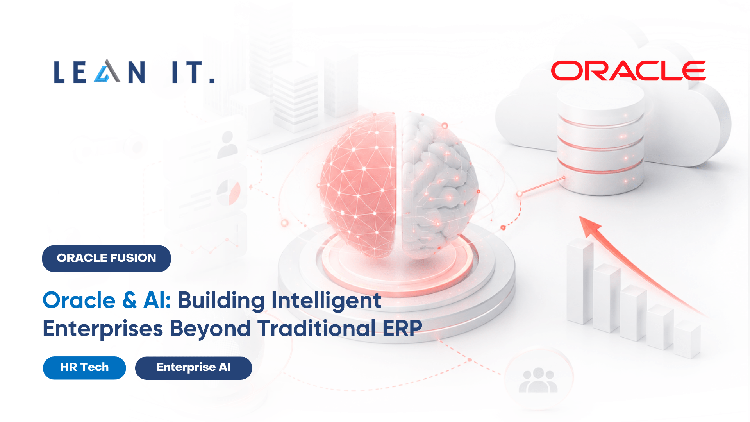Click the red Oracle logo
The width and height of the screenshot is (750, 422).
tap(628, 71)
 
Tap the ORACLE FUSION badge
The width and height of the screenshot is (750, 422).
tap(106, 258)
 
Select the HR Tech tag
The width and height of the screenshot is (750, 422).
tap(84, 368)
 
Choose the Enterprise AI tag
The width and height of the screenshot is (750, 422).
tap(193, 368)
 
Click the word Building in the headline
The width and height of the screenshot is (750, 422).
tap(221, 301)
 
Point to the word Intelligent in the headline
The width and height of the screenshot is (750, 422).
tap(326, 301)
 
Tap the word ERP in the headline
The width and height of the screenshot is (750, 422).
tap(402, 328)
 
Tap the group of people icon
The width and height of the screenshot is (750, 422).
tap(538, 380)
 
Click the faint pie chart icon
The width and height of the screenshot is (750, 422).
tap(229, 192)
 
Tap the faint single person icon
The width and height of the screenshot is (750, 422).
tap(227, 145)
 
